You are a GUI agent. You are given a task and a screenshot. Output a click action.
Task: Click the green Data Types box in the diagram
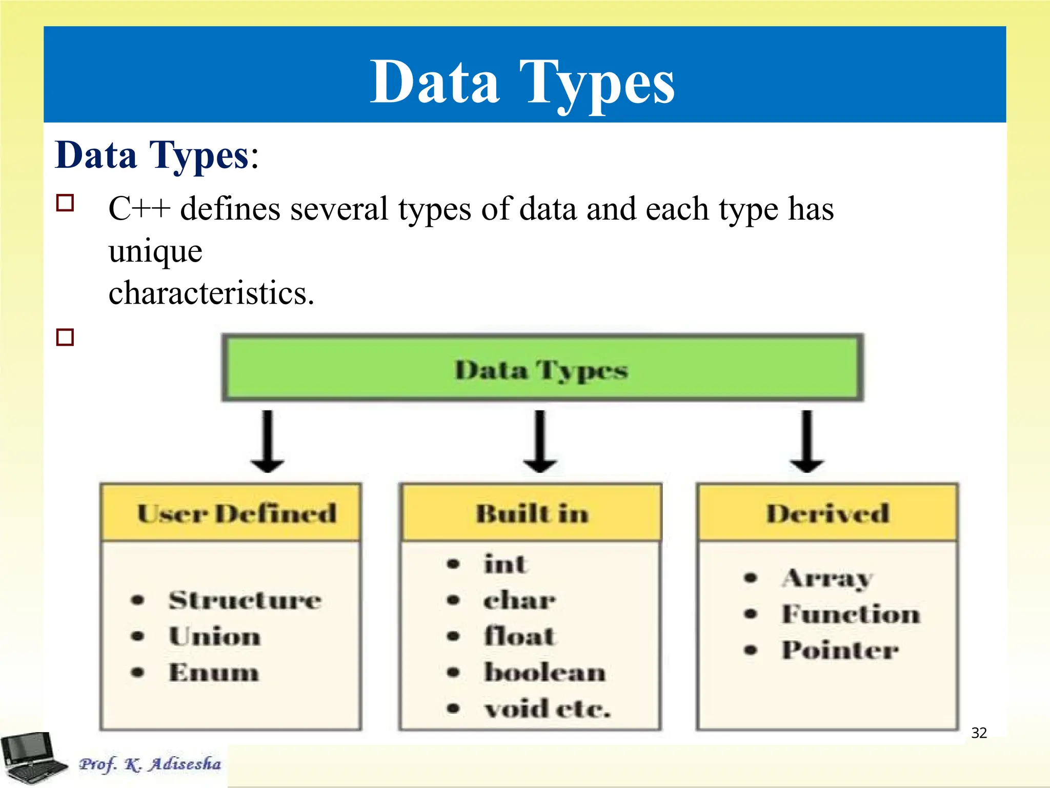542,368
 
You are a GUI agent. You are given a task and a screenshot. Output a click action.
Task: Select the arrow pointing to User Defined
267,441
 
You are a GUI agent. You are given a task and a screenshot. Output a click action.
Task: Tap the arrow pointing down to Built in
540,441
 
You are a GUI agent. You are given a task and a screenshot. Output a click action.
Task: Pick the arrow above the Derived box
806,441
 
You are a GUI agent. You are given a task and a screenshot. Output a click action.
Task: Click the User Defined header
236,513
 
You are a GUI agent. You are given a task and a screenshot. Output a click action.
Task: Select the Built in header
532,513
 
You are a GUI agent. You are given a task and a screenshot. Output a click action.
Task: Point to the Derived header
827,513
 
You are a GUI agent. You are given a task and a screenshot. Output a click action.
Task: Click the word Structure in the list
245,600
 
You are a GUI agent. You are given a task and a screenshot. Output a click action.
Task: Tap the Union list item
214,636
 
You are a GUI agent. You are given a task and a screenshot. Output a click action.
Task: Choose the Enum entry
214,672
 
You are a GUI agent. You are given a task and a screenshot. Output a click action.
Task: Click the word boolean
544,672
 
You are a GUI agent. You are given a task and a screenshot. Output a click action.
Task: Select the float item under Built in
519,636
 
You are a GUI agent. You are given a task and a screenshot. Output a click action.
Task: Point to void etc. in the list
548,709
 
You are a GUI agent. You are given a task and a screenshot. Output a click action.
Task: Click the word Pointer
840,650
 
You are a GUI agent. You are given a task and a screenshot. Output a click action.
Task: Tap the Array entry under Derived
826,579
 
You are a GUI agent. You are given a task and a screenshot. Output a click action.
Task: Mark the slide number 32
979,733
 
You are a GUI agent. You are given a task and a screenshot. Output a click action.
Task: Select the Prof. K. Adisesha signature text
150,764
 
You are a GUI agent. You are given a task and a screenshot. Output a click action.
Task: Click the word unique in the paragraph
155,251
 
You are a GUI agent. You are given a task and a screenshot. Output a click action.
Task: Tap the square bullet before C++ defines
65,203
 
